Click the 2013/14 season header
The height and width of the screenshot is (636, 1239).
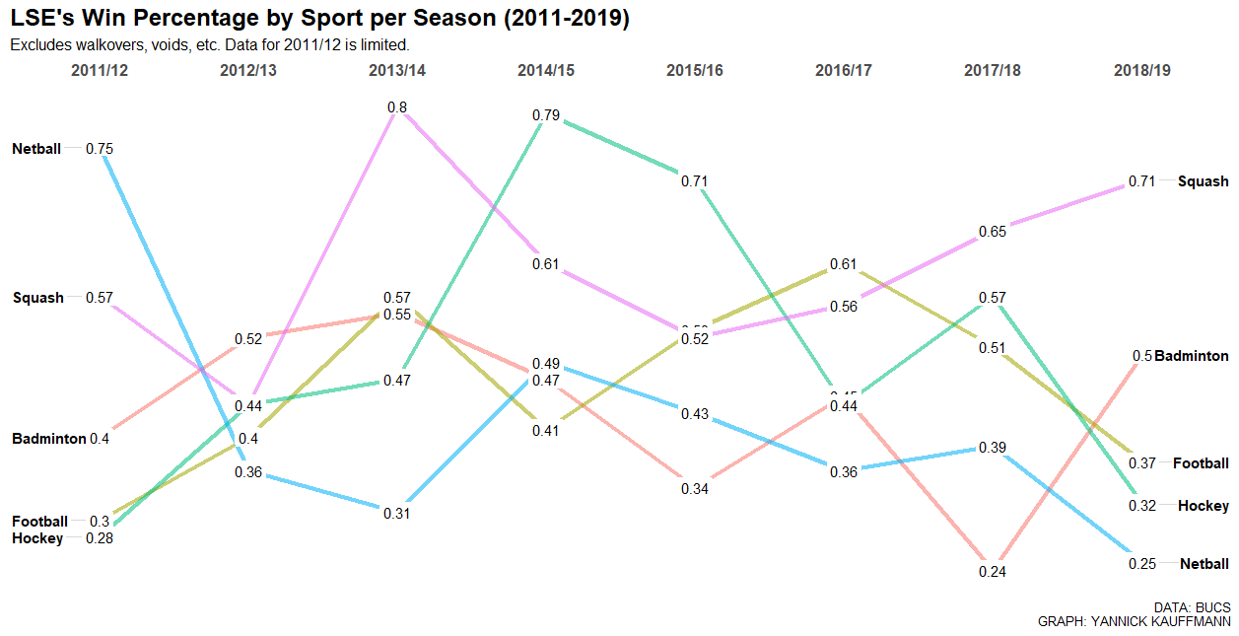[x=397, y=71]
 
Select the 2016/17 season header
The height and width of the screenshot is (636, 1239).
[x=844, y=71]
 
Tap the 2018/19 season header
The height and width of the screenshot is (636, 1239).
[x=1142, y=71]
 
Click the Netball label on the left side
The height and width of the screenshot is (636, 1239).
[x=36, y=149]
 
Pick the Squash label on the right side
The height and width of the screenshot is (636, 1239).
[x=1204, y=181]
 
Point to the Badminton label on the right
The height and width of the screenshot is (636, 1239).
[x=1192, y=356]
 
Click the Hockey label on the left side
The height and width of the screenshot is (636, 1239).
[x=37, y=538]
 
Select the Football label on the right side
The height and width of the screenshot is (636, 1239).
[x=1201, y=463]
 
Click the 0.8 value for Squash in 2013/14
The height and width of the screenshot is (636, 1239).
[x=397, y=107]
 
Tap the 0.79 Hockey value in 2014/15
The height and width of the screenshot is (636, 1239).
[x=546, y=115]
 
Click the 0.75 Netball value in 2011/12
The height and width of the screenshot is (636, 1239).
[x=100, y=149]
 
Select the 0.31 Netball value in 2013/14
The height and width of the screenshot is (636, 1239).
[x=397, y=514]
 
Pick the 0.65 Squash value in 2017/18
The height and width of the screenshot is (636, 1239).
[x=993, y=232]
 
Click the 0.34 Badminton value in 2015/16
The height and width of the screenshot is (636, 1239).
[x=695, y=489]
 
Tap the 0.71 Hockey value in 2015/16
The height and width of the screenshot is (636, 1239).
[x=695, y=181]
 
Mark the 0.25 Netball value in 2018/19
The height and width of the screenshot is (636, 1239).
[x=1142, y=564]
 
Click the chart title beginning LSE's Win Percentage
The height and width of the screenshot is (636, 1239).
[x=319, y=19]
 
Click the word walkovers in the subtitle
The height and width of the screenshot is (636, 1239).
[x=111, y=45]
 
